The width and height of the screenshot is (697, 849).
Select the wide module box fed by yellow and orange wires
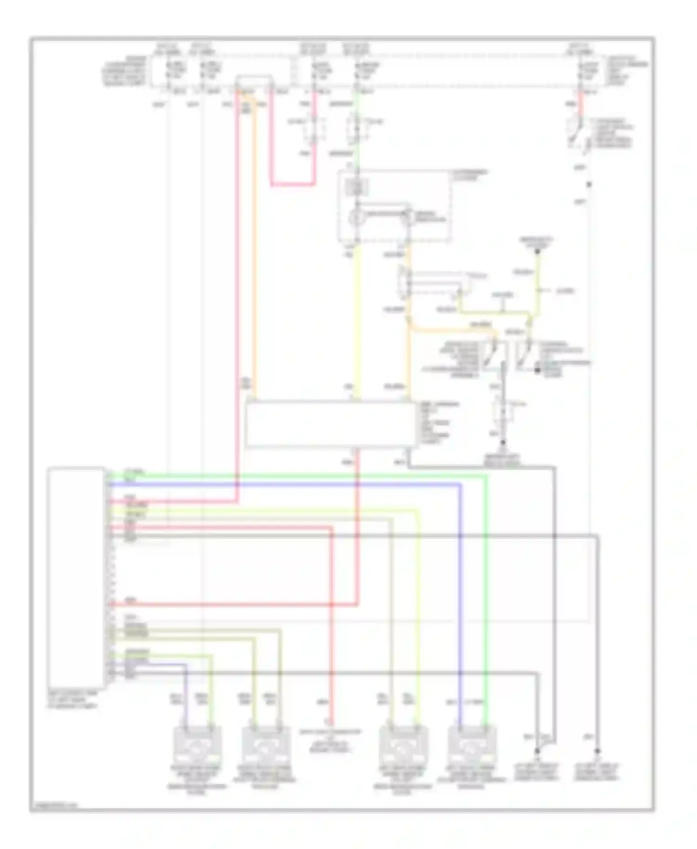(331, 425)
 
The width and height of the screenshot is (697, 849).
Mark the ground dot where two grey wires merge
(537, 751)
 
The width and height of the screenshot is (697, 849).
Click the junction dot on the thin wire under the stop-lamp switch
(589, 185)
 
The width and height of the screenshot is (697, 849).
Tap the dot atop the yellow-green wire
(538, 251)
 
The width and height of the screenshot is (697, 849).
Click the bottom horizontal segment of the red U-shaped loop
(293, 184)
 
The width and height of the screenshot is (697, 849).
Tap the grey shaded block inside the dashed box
(357, 188)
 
